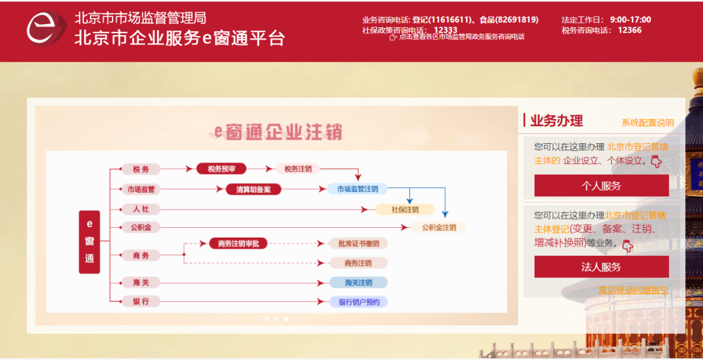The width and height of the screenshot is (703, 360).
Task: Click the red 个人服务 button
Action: (x=601, y=186)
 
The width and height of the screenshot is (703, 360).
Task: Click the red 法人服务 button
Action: (x=601, y=267)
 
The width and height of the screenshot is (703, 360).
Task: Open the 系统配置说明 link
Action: (x=647, y=122)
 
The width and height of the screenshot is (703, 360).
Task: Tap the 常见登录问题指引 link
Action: (x=633, y=290)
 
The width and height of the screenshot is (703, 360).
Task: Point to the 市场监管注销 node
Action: (x=357, y=189)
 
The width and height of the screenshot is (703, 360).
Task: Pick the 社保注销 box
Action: (x=405, y=210)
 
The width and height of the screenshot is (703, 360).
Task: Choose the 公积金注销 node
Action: (x=439, y=228)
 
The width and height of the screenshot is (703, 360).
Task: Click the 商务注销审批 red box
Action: (x=238, y=243)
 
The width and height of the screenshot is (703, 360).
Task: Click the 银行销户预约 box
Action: (x=359, y=302)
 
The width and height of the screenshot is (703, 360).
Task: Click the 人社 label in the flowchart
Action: (x=141, y=210)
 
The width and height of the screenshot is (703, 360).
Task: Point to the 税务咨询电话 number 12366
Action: (x=629, y=30)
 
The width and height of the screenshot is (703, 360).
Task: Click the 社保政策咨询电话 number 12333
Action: (x=445, y=30)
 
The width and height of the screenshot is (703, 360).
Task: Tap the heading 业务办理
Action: (x=557, y=120)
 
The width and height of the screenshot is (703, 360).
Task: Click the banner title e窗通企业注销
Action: (x=279, y=132)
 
